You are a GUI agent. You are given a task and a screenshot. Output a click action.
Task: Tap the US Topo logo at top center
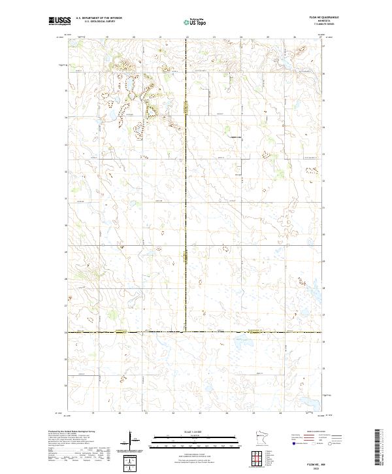[196, 22]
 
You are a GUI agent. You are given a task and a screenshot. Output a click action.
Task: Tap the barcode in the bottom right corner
[378, 448]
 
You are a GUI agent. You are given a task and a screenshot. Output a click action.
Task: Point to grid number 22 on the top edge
[187, 37]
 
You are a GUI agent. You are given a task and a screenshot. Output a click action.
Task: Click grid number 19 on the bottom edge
[93, 413]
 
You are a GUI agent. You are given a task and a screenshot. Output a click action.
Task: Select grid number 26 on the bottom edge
[280, 413]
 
